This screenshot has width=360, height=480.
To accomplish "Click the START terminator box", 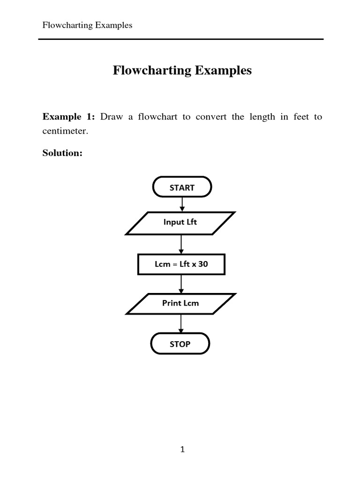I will coord(182,187).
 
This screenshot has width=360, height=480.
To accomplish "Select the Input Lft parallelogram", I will coord(180,222).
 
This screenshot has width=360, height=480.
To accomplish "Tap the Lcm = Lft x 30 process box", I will coord(181,264).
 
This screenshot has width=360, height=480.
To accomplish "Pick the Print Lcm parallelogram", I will coord(180,303).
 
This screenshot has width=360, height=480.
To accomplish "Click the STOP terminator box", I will coord(180,344).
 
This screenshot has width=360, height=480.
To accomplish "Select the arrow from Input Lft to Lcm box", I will coord(181,244).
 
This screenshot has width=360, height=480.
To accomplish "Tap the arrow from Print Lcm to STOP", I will coord(181,323).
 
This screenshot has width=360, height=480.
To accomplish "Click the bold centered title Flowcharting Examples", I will coord(182,71).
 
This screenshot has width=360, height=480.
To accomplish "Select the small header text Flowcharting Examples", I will coord(87,25).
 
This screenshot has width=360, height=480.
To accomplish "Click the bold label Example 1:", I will coord(69,117).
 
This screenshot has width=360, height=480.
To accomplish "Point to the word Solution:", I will coord(62,153).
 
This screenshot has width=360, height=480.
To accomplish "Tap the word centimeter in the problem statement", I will coord(65,132).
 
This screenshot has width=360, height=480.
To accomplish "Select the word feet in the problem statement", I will coord(301,117).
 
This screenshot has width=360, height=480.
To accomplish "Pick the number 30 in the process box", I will coord(203,264).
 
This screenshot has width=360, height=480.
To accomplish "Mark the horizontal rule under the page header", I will coord(181,39).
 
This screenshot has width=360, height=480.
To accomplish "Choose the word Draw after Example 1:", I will coord(111,117).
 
